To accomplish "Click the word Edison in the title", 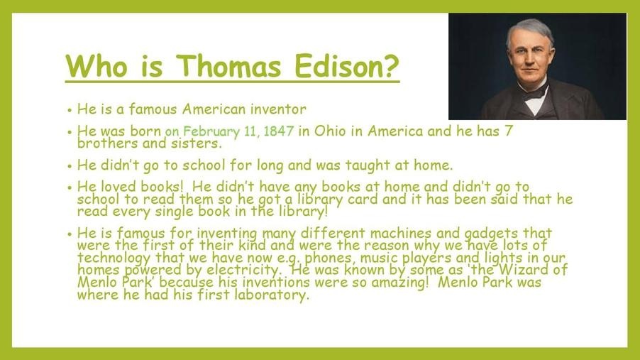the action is point(346,65).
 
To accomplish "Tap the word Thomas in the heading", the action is point(228,65).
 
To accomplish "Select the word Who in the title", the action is point(96,65).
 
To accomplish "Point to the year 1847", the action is point(279,131).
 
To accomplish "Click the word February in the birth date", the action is point(211,131).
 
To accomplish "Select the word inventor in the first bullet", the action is point(278,109).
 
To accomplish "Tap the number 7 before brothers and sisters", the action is point(508,131).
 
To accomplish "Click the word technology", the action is point(114,258).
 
